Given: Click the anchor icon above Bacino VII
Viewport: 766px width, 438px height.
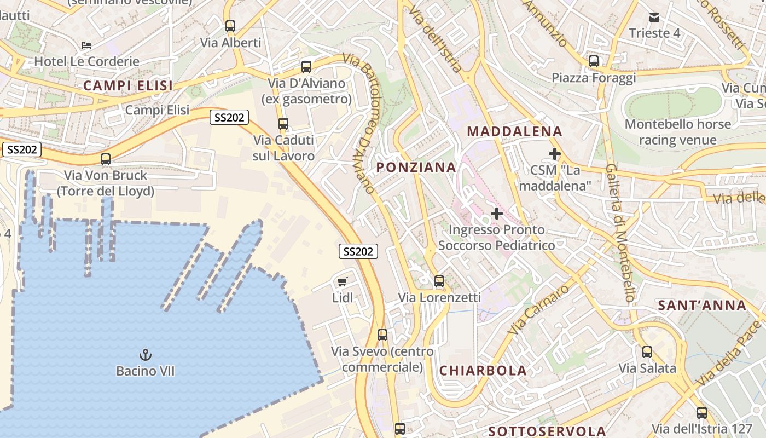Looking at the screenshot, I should click(x=146, y=355).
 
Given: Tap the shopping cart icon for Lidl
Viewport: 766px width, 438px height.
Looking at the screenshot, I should click(x=343, y=282).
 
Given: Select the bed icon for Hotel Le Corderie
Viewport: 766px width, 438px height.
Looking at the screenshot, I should click(x=86, y=45).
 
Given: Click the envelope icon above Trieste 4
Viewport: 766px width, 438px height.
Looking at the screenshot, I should click(x=654, y=17).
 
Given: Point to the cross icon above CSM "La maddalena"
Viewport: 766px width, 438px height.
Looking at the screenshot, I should click(x=555, y=154).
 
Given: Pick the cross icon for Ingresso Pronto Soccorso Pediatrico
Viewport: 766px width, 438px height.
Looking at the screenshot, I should click(x=497, y=213).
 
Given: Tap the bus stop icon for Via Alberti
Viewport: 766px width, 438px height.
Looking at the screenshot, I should click(x=230, y=26).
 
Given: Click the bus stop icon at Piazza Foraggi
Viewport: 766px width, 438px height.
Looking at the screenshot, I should click(x=594, y=61).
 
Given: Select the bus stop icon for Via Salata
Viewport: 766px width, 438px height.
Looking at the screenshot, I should click(x=647, y=352).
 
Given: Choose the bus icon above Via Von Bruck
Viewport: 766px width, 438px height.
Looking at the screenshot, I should click(x=106, y=159).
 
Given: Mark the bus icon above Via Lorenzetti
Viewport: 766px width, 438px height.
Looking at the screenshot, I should click(x=439, y=281).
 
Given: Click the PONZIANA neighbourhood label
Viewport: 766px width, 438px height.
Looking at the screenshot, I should click(x=416, y=168).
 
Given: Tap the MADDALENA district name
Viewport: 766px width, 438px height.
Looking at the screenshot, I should click(x=514, y=131).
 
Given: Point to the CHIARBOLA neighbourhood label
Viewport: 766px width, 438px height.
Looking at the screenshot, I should click(x=483, y=371).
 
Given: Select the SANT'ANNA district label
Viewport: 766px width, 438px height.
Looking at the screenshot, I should click(x=703, y=306).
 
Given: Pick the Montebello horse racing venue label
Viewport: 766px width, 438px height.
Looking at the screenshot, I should click(x=678, y=132).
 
